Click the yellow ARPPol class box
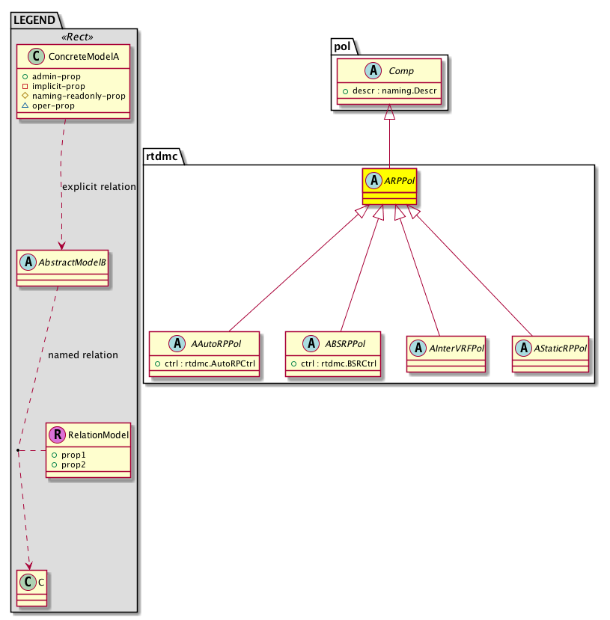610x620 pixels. tap(389, 187)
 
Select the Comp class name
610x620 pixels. tap(400, 71)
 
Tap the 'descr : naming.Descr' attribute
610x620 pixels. tap(394, 91)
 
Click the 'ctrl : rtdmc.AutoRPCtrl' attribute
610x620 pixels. tap(210, 363)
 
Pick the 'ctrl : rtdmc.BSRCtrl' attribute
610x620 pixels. tap(338, 363)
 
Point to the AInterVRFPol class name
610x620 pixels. tap(457, 349)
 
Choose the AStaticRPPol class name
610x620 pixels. tap(560, 349)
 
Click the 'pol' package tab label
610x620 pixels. tap(342, 46)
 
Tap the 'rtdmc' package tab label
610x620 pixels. tap(162, 156)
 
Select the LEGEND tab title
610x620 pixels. tap(34, 20)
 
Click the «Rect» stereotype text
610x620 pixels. tap(77, 37)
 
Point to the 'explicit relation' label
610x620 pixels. tap(99, 187)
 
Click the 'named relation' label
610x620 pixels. tap(83, 355)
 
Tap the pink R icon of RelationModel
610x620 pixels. tap(58, 435)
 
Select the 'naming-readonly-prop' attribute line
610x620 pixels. tap(79, 96)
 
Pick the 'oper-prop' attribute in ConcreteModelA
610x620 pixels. tap(53, 105)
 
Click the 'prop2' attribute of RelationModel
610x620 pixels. tap(73, 464)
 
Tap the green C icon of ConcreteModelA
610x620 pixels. tap(36, 57)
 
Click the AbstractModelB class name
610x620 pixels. tap(72, 263)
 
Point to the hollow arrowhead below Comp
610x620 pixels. tap(390, 112)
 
